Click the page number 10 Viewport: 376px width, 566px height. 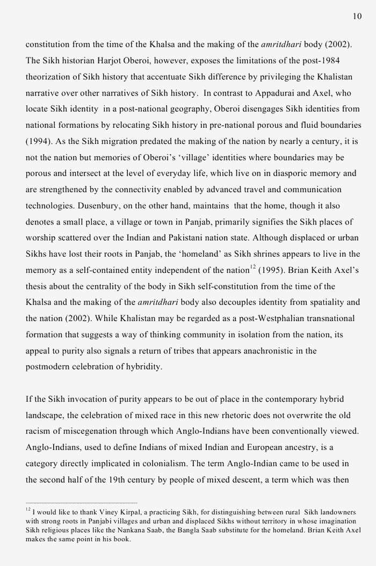tap(357, 16)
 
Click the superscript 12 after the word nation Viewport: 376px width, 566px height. tap(252, 267)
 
